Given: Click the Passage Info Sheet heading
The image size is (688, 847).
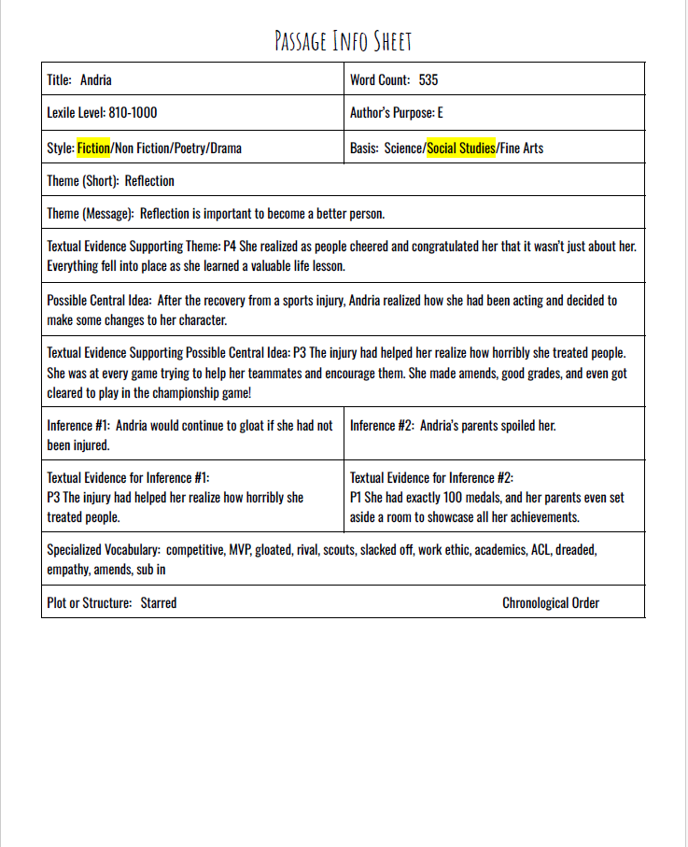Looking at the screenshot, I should [343, 41].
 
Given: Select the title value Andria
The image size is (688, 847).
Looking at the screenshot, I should [96, 80].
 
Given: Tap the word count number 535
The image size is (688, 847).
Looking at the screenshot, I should [428, 80].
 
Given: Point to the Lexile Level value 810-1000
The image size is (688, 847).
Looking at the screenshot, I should [133, 113].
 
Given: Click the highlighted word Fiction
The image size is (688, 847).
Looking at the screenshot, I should [93, 148].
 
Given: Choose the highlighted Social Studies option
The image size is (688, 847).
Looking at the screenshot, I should [461, 148].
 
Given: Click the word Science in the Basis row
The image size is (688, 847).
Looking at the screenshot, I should [403, 148].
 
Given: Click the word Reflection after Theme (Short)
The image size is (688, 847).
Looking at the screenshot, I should [149, 180].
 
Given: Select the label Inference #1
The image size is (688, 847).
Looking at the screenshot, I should [77, 426].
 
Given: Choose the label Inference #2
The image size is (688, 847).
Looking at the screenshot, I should [381, 426].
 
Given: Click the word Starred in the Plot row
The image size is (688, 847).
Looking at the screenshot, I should [159, 602].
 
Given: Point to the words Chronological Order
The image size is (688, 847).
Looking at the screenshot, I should [551, 602].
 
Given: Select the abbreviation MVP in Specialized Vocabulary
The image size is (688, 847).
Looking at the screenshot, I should [240, 550].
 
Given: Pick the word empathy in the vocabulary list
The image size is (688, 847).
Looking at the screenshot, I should [67, 569].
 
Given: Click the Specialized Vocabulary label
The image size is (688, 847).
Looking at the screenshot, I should [103, 550].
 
